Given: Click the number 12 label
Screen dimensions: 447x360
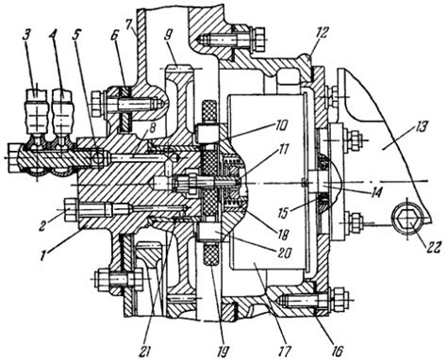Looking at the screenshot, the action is tap(323, 33).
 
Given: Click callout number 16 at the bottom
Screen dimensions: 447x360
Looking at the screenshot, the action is tap(337, 352).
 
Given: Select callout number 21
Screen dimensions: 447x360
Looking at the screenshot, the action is tap(145, 352).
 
